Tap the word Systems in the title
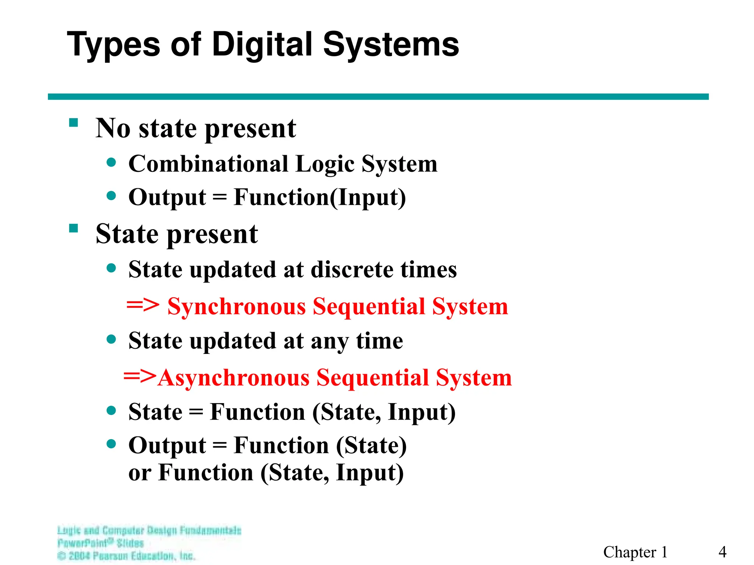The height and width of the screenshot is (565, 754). pyautogui.click(x=391, y=45)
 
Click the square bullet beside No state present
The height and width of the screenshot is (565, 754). pyautogui.click(x=74, y=122)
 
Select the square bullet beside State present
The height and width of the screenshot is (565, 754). pyautogui.click(x=74, y=228)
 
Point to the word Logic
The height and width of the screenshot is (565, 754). pyautogui.click(x=325, y=164)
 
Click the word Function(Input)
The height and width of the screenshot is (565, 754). pyautogui.click(x=320, y=198)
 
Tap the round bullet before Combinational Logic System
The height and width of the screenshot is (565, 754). pyautogui.click(x=111, y=162)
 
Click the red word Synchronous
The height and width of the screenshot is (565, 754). pyautogui.click(x=236, y=306)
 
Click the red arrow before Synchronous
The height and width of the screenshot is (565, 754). pyautogui.click(x=143, y=305)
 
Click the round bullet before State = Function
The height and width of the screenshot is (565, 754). pyautogui.click(x=111, y=410)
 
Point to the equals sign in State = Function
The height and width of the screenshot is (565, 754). pyautogui.click(x=196, y=412)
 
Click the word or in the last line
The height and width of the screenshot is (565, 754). pyautogui.click(x=140, y=473)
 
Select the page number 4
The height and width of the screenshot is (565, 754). pyautogui.click(x=722, y=552)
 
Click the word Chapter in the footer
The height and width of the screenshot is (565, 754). pyautogui.click(x=630, y=552)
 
